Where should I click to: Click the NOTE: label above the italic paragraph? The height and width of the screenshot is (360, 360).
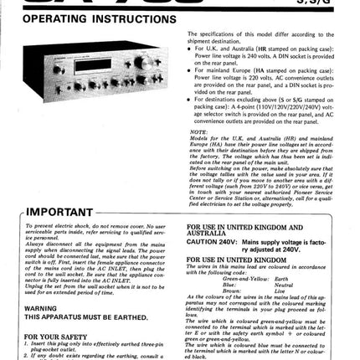coord(198,131)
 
